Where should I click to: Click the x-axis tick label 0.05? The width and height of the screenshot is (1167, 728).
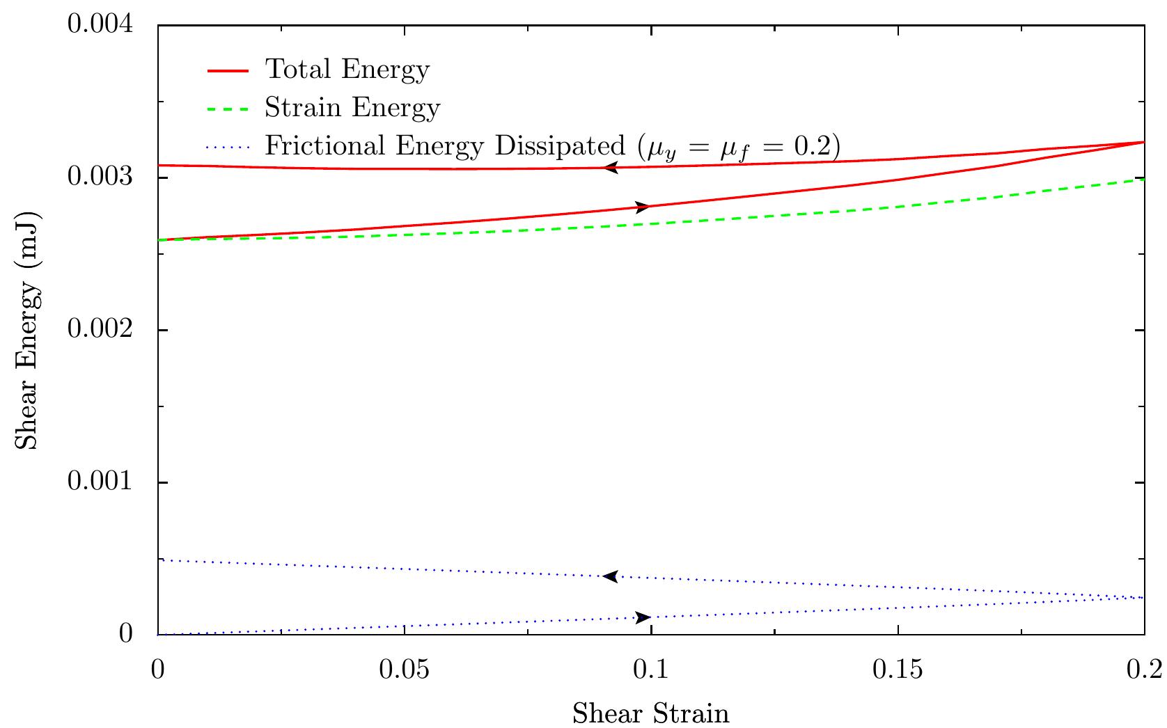click(x=405, y=670)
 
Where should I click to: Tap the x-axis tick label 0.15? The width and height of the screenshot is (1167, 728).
click(x=898, y=670)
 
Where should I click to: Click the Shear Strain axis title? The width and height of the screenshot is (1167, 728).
click(x=651, y=713)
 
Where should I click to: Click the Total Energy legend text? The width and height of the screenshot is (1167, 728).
click(x=347, y=70)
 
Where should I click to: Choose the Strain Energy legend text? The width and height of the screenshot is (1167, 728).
click(x=352, y=108)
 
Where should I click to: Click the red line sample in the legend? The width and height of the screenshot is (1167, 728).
click(x=228, y=70)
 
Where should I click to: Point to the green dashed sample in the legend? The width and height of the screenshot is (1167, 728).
click(x=228, y=109)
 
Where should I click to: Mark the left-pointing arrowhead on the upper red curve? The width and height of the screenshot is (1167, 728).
click(x=611, y=167)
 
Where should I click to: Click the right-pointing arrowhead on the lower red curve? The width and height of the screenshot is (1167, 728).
click(x=643, y=207)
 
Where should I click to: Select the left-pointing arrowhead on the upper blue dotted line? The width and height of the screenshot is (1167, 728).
click(x=610, y=576)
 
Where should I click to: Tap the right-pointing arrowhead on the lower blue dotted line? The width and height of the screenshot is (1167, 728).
click(x=643, y=617)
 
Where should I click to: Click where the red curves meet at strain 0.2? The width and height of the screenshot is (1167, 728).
click(x=1144, y=142)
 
